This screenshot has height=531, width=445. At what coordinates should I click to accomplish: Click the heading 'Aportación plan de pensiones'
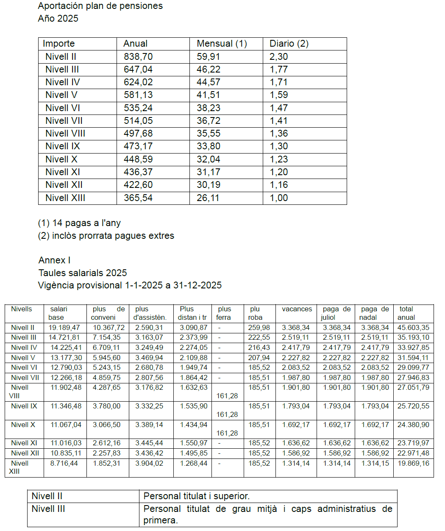tap(100, 6)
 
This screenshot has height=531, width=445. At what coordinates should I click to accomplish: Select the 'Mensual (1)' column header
tap(222, 44)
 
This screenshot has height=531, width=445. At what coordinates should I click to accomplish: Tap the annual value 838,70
tap(138, 57)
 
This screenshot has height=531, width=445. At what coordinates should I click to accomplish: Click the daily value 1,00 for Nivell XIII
tap(279, 198)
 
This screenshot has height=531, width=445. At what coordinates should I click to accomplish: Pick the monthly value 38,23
tap(209, 108)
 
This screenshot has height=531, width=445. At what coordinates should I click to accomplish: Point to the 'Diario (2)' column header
tap(289, 44)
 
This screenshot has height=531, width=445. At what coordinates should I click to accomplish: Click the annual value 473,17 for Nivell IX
tap(138, 146)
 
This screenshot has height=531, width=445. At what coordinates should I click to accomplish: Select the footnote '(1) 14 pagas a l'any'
tap(79, 223)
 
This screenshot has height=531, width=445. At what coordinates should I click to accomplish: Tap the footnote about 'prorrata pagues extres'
tap(106, 236)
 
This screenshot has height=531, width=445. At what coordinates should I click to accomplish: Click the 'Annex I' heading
tap(55, 260)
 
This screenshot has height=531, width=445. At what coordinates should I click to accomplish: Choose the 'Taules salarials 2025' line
tap(83, 273)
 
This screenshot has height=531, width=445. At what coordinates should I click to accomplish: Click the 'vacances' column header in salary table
tap(297, 309)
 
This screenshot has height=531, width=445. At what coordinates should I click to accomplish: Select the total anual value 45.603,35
tap(413, 328)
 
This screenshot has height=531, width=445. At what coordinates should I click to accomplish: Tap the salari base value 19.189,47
tap(64, 328)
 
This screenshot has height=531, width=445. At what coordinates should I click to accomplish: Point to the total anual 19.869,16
tap(413, 464)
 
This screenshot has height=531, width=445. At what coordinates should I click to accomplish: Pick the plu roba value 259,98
tap(259, 328)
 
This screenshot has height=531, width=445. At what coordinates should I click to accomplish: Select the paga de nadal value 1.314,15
tap(375, 464)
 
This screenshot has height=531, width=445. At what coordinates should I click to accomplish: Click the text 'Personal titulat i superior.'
tap(197, 496)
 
